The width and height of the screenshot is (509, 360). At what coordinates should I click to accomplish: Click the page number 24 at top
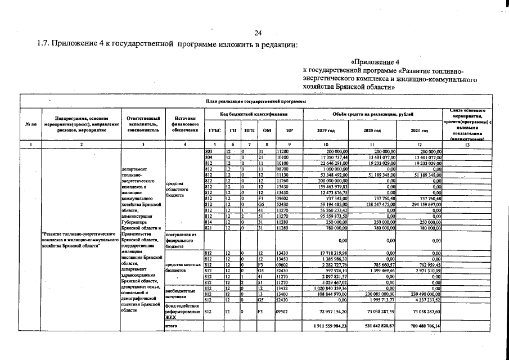[x=258, y=33]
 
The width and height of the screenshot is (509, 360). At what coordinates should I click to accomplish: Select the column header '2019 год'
[x=326, y=130]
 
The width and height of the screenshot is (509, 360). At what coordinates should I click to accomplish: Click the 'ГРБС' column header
[x=214, y=130]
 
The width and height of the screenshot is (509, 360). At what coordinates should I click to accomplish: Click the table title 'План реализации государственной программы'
[x=255, y=101]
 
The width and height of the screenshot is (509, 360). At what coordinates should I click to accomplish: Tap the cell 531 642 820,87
[x=373, y=326]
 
